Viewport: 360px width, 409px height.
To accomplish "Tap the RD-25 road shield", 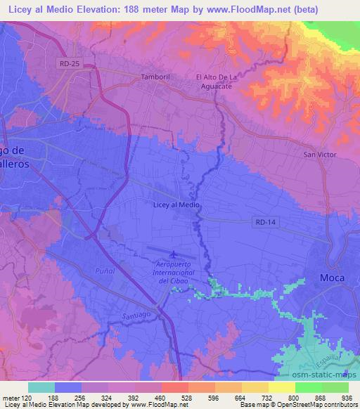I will point(68,64).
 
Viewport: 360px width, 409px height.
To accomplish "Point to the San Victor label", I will point(319,155).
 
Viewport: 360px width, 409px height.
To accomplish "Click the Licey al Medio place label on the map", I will point(176,204).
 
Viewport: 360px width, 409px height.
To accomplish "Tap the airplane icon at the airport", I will point(174,253).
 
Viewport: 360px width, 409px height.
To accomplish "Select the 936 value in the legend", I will point(347,398).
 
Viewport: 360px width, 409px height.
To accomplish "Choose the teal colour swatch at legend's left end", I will point(41,387).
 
